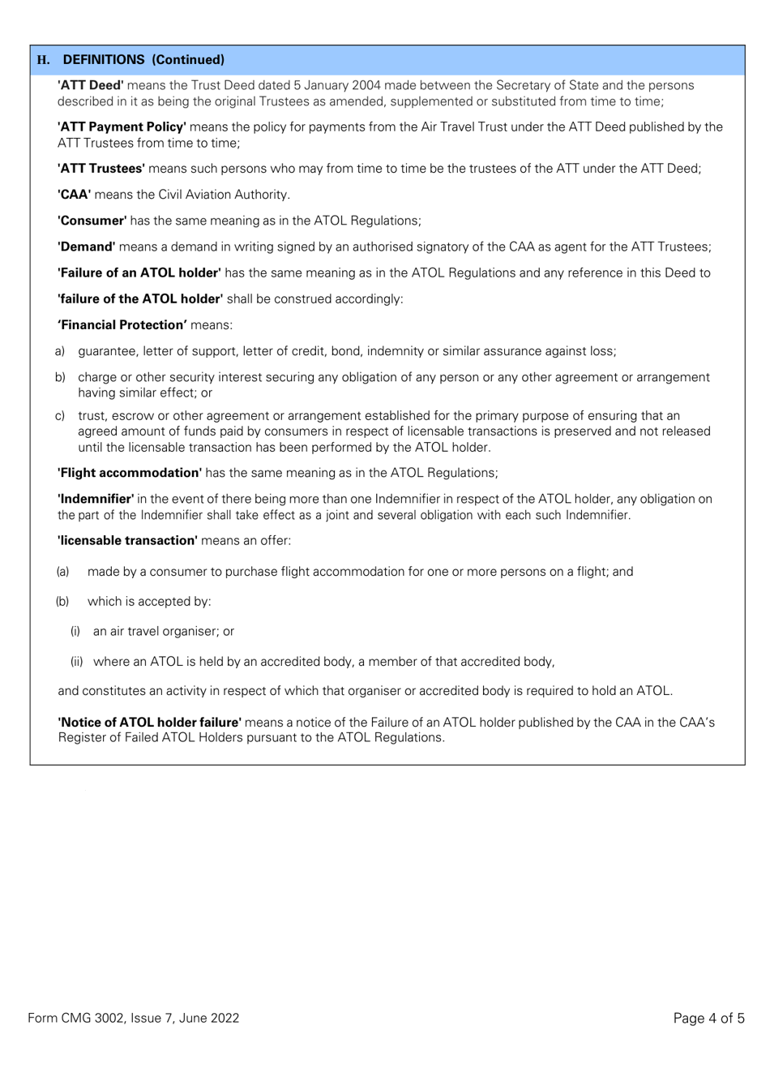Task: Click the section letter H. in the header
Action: [44, 60]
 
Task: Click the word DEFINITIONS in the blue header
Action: [104, 60]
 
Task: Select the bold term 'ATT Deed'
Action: [90, 85]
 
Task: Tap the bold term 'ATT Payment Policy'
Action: [122, 127]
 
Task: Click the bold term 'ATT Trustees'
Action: [101, 169]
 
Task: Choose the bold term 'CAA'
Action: [74, 195]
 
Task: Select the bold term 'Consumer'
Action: [92, 221]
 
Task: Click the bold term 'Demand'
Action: [86, 247]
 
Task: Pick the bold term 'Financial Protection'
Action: [122, 325]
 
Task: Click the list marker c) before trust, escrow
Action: [60, 416]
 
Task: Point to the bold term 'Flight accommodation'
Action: [129, 473]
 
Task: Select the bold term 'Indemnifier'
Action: [95, 499]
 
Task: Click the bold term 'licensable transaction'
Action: [127, 540]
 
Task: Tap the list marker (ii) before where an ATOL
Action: [77, 662]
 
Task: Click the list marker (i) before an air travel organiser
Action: [75, 631]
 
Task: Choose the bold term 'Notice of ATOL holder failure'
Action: [149, 722]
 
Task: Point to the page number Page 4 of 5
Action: [708, 1018]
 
